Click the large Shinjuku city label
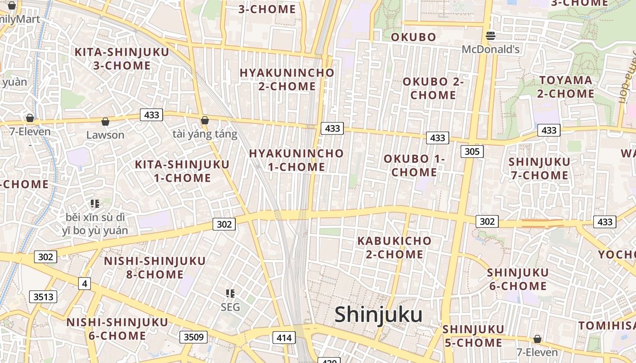[378, 315]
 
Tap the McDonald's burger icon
[491, 35]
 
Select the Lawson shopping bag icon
[105, 122]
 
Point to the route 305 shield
[472, 151]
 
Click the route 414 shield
[284, 338]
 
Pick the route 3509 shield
[194, 337]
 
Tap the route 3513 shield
[44, 297]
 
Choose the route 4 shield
[84, 284]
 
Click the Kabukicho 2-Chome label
[394, 247]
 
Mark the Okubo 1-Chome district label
[414, 166]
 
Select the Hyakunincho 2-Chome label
[287, 79]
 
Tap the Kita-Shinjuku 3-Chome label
[122, 59]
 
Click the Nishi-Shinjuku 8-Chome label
[154, 268]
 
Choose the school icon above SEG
[230, 294]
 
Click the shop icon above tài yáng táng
[205, 120]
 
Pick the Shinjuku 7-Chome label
[539, 168]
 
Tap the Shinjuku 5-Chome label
[473, 336]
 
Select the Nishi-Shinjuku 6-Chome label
[117, 329]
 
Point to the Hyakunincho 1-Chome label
[296, 160]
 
